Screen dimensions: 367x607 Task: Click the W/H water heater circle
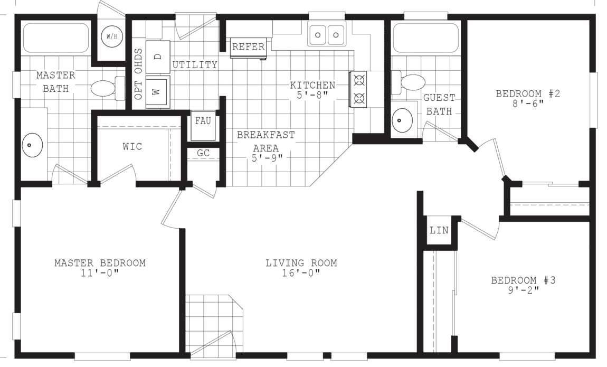[x=112, y=37]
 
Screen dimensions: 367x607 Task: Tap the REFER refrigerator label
[x=248, y=47]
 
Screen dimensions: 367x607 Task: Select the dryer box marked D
[x=158, y=57]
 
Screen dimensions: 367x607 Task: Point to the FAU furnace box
[x=203, y=121]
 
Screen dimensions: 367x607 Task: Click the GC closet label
[x=203, y=153]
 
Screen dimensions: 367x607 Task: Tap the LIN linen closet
[x=439, y=230]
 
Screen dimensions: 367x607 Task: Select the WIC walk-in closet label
[x=132, y=146]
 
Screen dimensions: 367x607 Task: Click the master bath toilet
[x=103, y=88]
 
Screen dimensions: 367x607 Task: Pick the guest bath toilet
[x=412, y=82]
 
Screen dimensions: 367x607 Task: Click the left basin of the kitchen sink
[x=319, y=35]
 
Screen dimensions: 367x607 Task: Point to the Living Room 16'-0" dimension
[x=301, y=273]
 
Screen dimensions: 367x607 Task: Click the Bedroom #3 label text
[x=523, y=280]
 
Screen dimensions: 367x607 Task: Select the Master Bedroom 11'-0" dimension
[x=100, y=273]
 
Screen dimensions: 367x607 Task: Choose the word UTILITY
[x=194, y=65]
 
